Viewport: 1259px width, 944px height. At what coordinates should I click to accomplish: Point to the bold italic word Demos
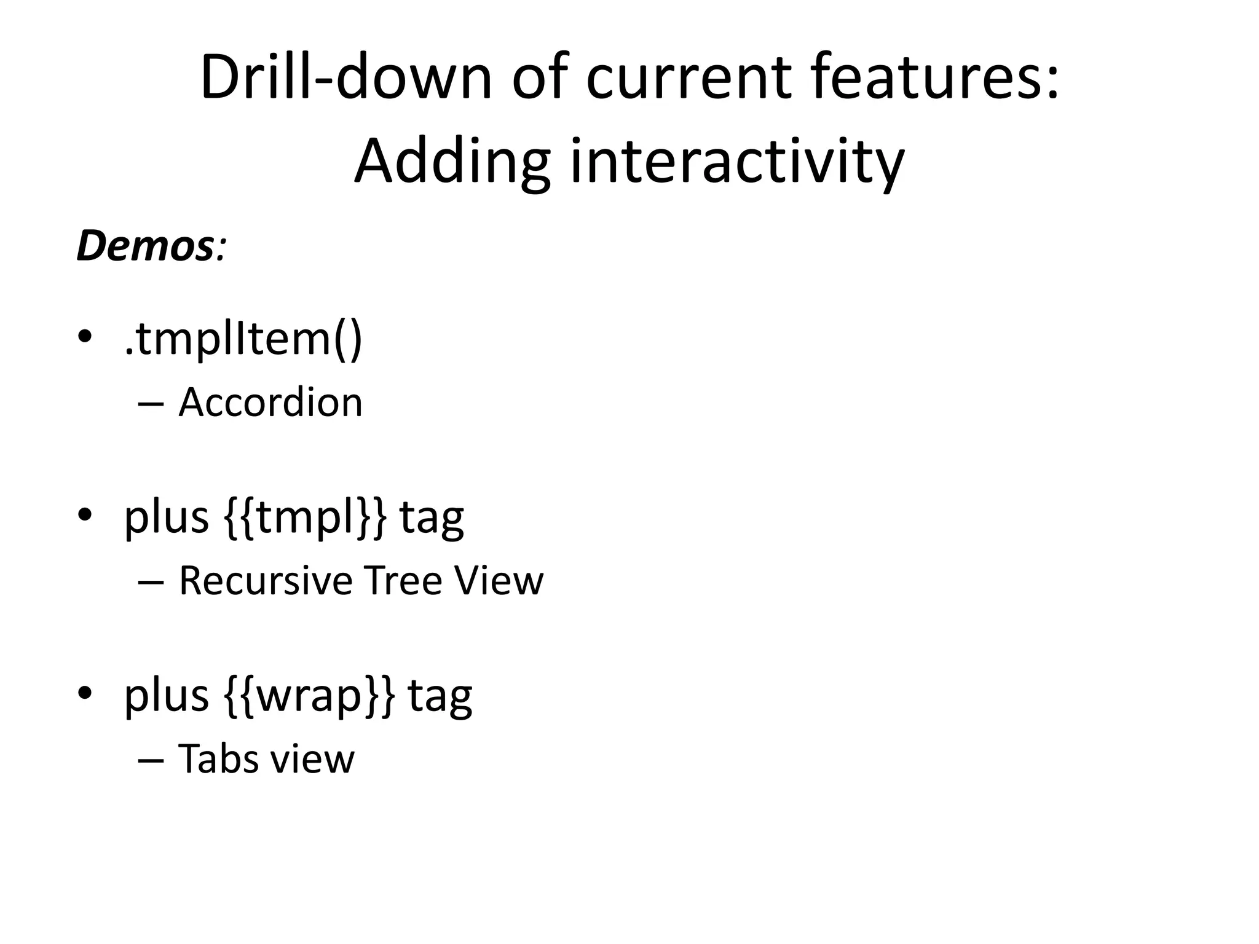pos(145,245)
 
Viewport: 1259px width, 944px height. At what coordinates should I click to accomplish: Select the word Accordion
pos(270,403)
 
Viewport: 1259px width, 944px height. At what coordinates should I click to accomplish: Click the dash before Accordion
pos(151,405)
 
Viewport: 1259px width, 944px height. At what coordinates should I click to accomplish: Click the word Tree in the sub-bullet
pos(403,580)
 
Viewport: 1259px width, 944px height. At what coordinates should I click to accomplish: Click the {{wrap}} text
pos(307,696)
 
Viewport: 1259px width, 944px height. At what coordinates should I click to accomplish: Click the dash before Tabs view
pos(151,761)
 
